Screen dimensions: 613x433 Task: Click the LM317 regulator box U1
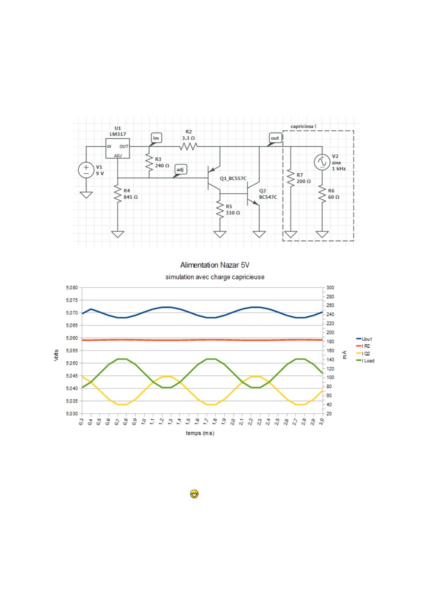pos(117,149)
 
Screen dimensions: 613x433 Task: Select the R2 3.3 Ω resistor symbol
pos(188,147)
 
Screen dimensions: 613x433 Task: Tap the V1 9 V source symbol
pos(86,170)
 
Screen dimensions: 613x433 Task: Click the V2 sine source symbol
pos(322,162)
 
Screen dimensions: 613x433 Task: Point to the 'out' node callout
pos(275,138)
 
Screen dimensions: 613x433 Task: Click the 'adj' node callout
pos(180,170)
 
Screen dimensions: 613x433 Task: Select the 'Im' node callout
pos(156,138)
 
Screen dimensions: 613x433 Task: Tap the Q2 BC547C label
pos(268,194)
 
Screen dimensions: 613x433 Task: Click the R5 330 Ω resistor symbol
pos(220,210)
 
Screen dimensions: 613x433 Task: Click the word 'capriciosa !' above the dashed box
pos(304,127)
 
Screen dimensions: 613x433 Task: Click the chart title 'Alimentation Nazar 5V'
pos(215,265)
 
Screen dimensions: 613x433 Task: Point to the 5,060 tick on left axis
pos(72,338)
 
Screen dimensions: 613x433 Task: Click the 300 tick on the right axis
pos(330,288)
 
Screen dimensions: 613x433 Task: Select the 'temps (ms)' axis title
pos(200,433)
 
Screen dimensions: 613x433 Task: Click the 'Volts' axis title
pos(56,355)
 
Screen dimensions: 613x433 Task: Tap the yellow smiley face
pos(195,494)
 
